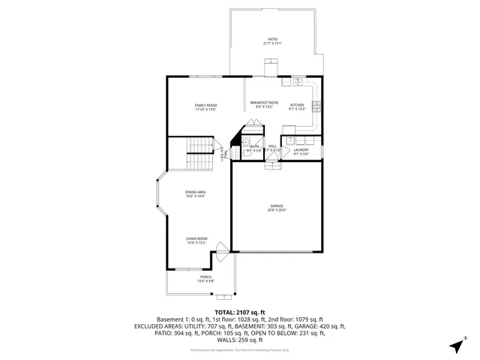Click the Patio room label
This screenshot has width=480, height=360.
click(272, 38)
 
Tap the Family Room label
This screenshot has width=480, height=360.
click(205, 105)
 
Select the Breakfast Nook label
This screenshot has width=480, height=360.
click(264, 103)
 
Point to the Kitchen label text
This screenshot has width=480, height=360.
click(297, 105)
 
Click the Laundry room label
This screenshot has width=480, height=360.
click(301, 149)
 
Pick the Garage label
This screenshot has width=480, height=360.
click(277, 206)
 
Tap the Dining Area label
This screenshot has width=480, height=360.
click(196, 193)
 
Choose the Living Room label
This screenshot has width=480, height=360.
click(196, 239)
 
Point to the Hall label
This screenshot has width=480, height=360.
click(272, 146)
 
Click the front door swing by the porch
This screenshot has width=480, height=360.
click(220, 248)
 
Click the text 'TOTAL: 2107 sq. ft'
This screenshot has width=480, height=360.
click(240, 312)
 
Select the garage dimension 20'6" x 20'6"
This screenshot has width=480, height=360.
click(277, 211)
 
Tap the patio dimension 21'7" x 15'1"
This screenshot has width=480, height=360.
click(272, 43)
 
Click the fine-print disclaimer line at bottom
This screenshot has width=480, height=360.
click(240, 350)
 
